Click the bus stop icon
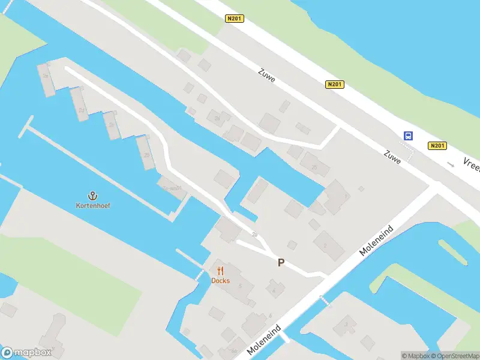tap(408, 136)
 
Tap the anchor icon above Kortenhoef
tap(92, 196)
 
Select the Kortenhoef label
tap(92, 206)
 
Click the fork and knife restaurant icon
tap(220, 271)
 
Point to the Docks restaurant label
tap(220, 281)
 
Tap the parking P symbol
tap(280, 262)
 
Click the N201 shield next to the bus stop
tap(437, 146)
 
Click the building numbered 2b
tap(146, 155)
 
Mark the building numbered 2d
tap(80, 110)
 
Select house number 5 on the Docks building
tap(240, 286)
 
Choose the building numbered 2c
tap(110, 125)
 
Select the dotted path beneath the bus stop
tap(410, 154)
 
